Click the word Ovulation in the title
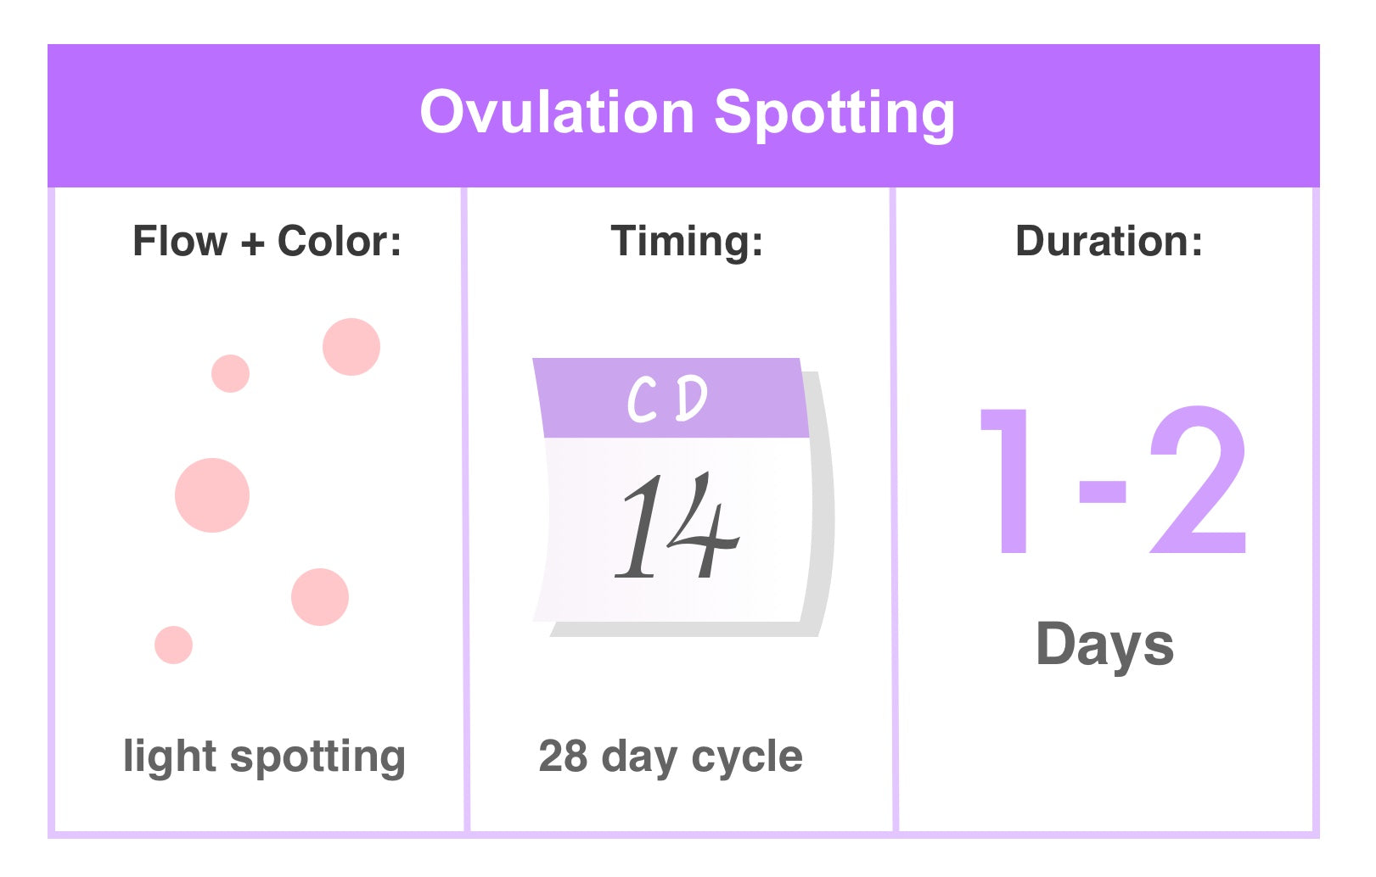tap(557, 113)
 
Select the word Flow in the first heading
tap(180, 242)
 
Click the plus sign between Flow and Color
tap(252, 244)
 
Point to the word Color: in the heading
tap(340, 242)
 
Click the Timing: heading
tap(687, 242)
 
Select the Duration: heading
tap(1109, 242)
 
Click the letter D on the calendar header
tap(691, 398)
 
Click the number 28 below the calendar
tap(563, 756)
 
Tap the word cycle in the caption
tap(747, 757)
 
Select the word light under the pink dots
tap(170, 757)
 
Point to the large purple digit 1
tap(1008, 479)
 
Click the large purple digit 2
tap(1198, 479)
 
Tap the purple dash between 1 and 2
tap(1102, 492)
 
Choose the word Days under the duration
tap(1104, 645)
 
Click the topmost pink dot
tap(351, 347)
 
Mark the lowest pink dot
tap(174, 645)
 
